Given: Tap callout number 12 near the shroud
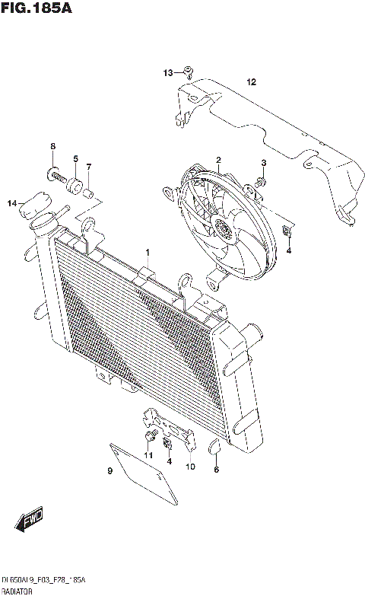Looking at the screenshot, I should click(251, 81).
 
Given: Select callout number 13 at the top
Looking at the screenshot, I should click(167, 72).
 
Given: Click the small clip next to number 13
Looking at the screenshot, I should click(186, 73).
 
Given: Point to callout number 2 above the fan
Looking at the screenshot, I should click(218, 160).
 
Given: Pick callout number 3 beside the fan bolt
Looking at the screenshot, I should click(264, 163).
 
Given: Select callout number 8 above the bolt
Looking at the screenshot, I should click(53, 146).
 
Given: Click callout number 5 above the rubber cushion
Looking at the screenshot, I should click(75, 158).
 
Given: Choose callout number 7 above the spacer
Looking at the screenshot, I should click(89, 167).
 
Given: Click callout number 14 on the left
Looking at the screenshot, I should click(11, 203).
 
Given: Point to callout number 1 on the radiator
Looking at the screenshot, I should click(148, 252).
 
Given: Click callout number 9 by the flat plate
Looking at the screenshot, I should click(109, 472).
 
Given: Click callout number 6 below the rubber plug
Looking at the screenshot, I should click(216, 470).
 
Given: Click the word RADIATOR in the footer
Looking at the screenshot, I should click(16, 591).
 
